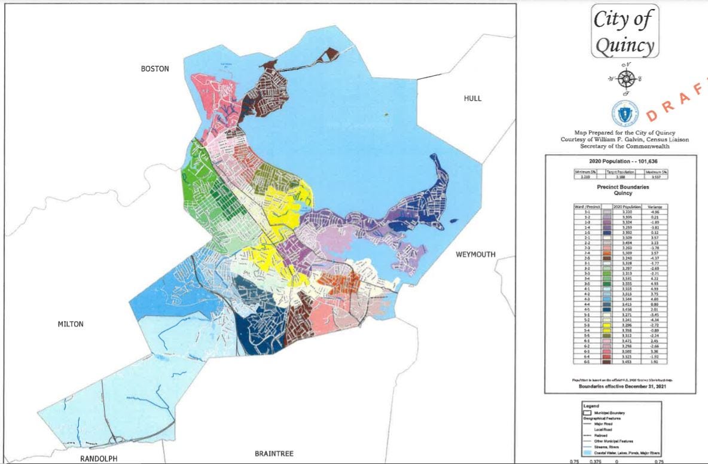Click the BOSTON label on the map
pyautogui.click(x=155, y=69)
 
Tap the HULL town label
pyautogui.click(x=472, y=99)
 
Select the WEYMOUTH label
pyautogui.click(x=475, y=254)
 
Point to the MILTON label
pyautogui.click(x=71, y=324)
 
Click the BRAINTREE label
pyautogui.click(x=274, y=453)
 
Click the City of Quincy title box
pyautogui.click(x=625, y=31)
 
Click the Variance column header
pyautogui.click(x=652, y=206)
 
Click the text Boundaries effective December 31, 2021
pyautogui.click(x=619, y=386)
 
